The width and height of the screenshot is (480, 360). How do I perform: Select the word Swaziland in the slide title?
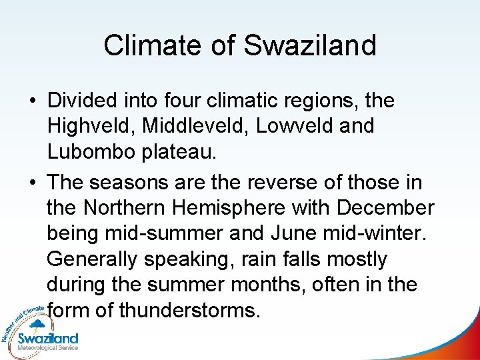[310, 45]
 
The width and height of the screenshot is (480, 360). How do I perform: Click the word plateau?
[178, 151]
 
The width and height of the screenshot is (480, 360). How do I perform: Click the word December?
[385, 207]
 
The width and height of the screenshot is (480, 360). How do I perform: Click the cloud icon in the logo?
[37, 326]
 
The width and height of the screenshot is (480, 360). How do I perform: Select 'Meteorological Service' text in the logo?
[48, 347]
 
